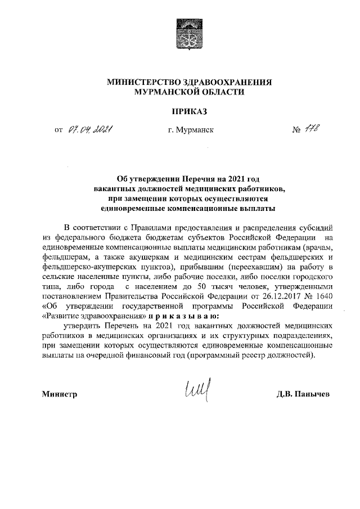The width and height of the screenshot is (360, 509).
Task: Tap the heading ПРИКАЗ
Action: [x=190, y=112]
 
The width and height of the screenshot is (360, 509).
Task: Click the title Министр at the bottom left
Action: [x=59, y=394]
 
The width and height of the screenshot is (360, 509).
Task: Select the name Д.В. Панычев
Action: [x=304, y=394]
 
